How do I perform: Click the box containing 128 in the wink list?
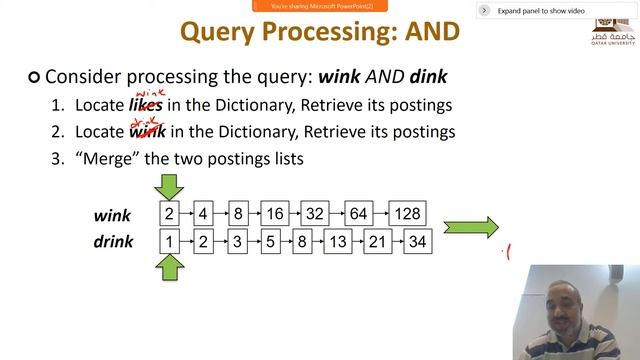click(x=407, y=213)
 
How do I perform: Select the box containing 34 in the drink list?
click(x=417, y=241)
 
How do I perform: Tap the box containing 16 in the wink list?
click(x=275, y=213)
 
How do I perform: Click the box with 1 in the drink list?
click(x=170, y=241)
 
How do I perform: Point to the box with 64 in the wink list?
click(x=358, y=213)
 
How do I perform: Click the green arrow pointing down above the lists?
click(x=170, y=185)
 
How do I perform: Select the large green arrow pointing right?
click(x=470, y=227)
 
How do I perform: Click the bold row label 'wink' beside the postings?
click(x=113, y=215)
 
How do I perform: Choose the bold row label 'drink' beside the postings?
click(x=113, y=242)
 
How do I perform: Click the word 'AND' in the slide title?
click(x=430, y=32)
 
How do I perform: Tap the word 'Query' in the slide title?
click(x=222, y=32)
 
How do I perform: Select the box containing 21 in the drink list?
click(x=376, y=241)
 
